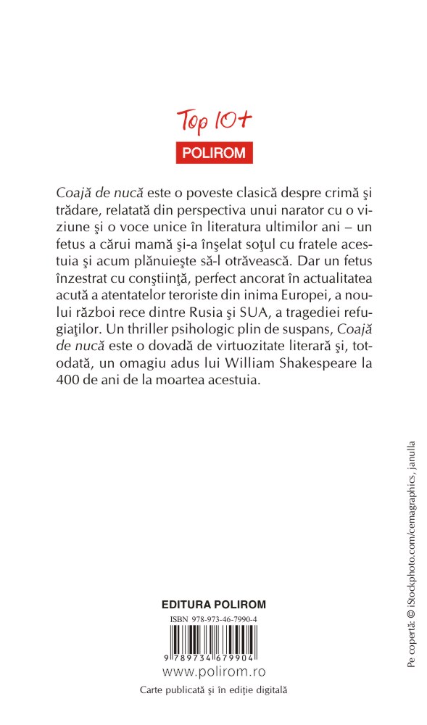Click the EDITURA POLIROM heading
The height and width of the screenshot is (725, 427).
[x=214, y=604]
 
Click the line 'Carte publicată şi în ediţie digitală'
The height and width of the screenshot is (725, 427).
[x=214, y=691]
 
